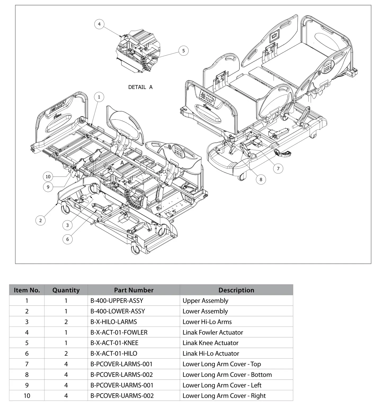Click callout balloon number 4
click(99, 24)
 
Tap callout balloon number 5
click(183, 51)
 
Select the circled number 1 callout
click(99, 97)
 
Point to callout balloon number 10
click(48, 177)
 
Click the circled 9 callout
click(48, 187)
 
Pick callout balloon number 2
click(41, 220)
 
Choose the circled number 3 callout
click(67, 225)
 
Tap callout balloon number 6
click(67, 239)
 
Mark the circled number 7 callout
click(278, 168)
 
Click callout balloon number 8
click(261, 180)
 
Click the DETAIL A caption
click(140, 87)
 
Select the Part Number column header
click(133, 290)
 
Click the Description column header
click(236, 290)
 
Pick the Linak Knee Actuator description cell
click(210, 343)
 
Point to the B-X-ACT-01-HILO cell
click(114, 354)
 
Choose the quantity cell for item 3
click(66, 322)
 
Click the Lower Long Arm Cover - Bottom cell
click(227, 375)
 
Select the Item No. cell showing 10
click(27, 396)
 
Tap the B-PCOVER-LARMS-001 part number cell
click(122, 364)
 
